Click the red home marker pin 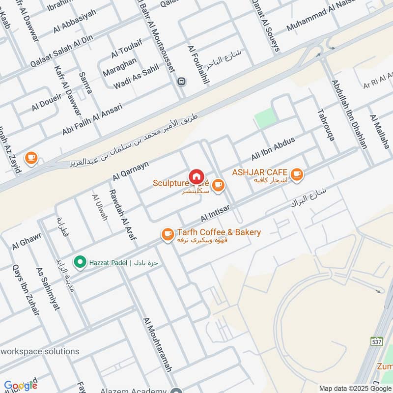[196, 176]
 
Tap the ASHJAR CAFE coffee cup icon [296, 173]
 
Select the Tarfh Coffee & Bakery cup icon [168, 234]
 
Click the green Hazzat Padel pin [79, 262]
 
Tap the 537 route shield [376, 340]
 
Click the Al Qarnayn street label [130, 168]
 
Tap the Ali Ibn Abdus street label [273, 148]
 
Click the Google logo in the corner [20, 385]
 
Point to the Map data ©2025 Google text [355, 388]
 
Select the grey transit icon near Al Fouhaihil [182, 81]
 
